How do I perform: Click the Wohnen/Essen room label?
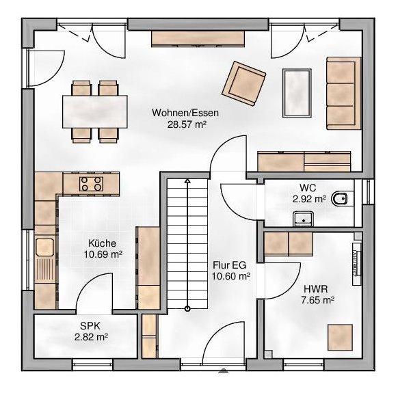coord(185,113)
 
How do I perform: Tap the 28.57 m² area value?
coord(187,124)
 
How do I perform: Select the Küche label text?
coord(103,243)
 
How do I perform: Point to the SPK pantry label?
coord(90,326)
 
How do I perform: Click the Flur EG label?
coord(230,265)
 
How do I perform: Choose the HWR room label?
coord(316,289)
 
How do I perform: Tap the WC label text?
coord(308,188)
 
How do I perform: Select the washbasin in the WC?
coord(304,219)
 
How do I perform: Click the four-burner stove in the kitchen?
coord(91,184)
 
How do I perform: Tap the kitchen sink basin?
coord(44,247)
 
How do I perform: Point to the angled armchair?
coord(244,83)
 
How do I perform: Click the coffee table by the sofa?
coord(297,94)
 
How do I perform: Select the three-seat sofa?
coord(344,94)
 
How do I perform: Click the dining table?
coord(95,111)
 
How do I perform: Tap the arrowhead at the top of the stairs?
coord(187,181)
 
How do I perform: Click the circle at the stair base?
coord(187,309)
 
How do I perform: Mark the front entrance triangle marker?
coord(223,370)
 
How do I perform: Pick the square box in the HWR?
coord(340,338)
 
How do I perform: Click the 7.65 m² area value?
coord(317,301)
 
